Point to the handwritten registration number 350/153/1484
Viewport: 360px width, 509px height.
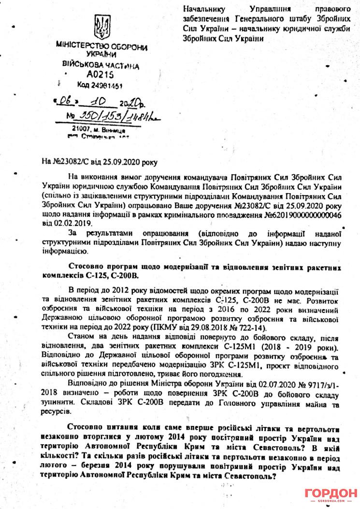[112, 117]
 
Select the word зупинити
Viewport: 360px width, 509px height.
[59, 402]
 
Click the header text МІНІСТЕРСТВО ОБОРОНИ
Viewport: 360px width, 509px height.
[100, 47]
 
